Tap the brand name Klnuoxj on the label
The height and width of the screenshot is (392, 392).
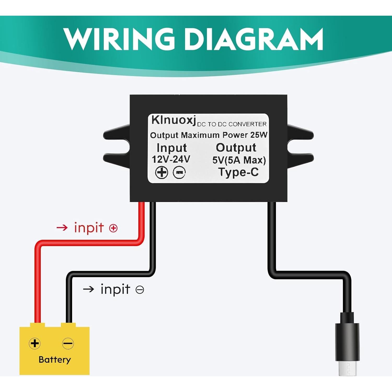point(173,120)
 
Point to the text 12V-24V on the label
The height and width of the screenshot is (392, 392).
point(171,159)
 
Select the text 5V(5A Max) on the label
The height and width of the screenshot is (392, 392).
point(239,160)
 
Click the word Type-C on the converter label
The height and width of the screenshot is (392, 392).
point(238,172)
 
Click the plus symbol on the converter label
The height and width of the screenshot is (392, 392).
point(162,172)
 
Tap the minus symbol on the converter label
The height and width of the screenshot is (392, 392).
point(179,172)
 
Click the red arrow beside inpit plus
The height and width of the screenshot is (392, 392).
point(62,228)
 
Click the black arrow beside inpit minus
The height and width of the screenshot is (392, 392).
point(89,289)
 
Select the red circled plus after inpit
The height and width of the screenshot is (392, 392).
point(113,228)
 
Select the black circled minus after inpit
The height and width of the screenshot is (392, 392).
point(140,290)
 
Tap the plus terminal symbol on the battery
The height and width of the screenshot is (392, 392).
point(35,343)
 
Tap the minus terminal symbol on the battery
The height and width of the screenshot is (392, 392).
point(68,343)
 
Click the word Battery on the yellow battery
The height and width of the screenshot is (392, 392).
point(55,360)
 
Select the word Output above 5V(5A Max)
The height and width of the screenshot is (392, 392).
point(236,148)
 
